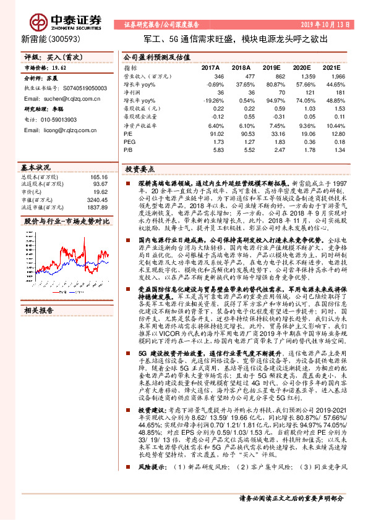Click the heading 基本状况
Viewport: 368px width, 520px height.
[x=36, y=167]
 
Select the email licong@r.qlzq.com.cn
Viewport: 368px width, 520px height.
[x=62, y=130]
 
